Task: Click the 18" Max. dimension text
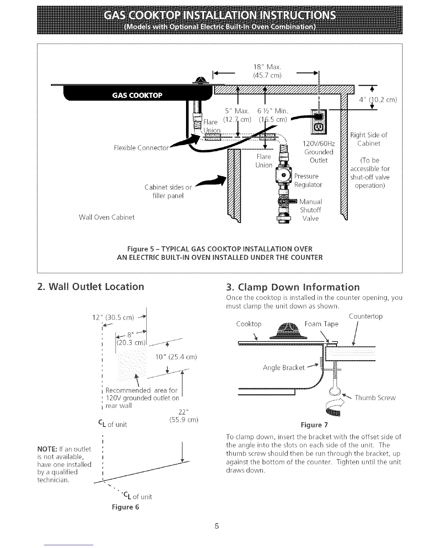[264, 67]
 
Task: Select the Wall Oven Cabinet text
[107, 217]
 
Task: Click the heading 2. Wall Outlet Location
[90, 286]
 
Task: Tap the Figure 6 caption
[125, 507]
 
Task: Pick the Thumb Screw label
[375, 398]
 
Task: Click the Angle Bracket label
[284, 367]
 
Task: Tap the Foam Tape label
[321, 324]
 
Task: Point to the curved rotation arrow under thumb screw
[333, 407]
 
